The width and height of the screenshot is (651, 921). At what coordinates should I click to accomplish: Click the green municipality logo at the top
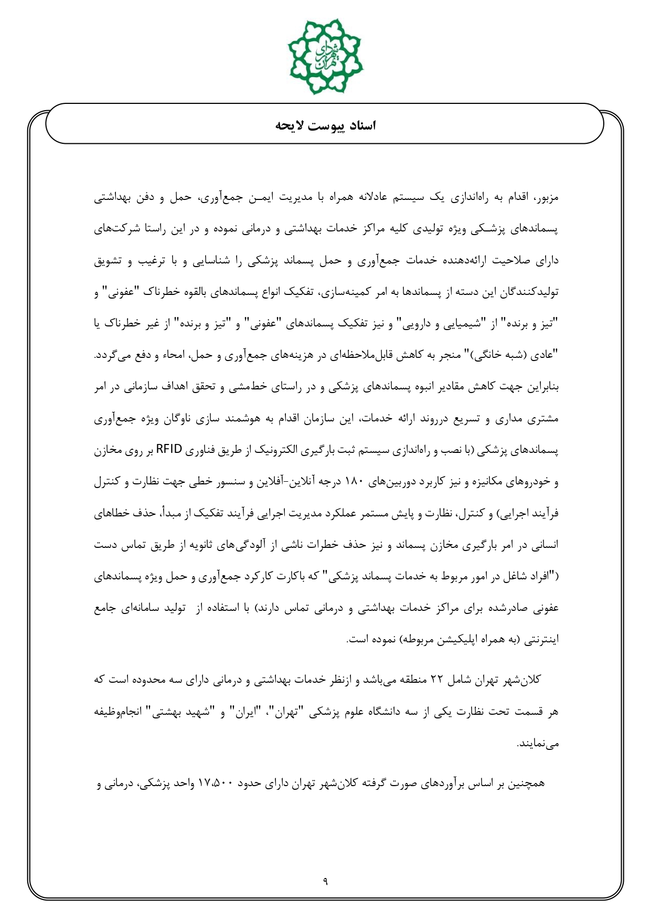325,55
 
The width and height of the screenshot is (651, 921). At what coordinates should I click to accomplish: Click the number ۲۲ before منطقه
437,681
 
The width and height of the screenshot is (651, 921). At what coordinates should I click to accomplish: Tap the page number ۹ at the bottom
325,881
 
